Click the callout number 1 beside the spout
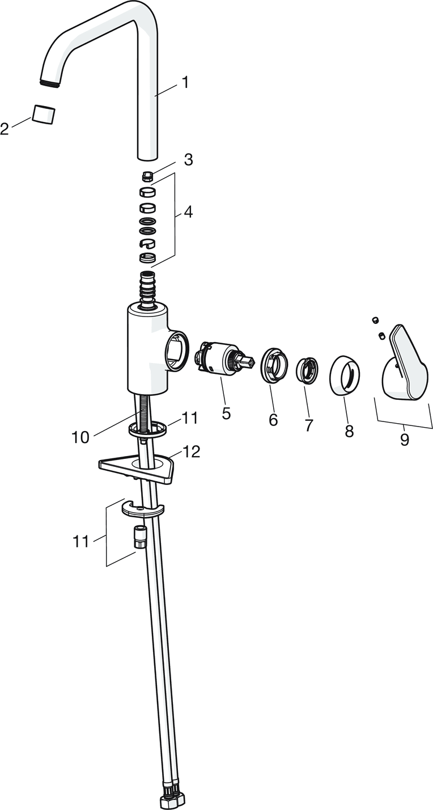[x=185, y=83]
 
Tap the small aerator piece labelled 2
[x=44, y=115]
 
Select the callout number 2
[x=5, y=129]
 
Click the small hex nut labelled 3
[x=147, y=177]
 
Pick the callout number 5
[x=226, y=412]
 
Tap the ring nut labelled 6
[x=274, y=365]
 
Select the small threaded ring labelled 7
[x=308, y=370]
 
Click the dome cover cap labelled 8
[x=345, y=375]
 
